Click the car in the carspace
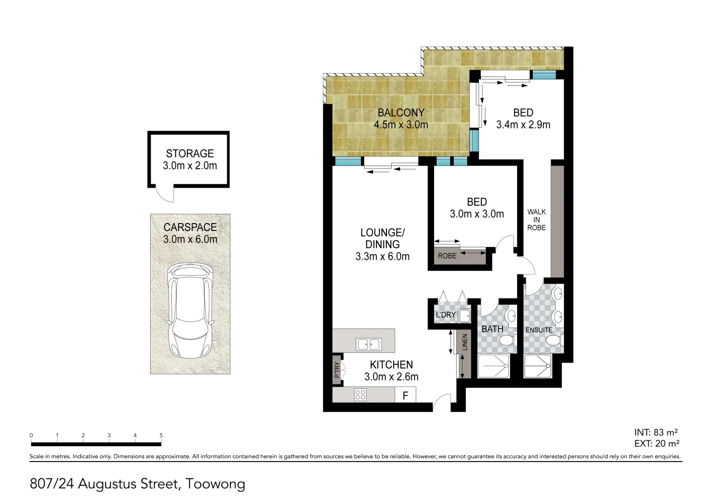(x=190, y=310)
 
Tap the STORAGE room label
(x=190, y=154)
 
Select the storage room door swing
(x=165, y=194)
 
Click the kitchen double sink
(x=368, y=344)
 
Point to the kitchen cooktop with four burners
(x=360, y=395)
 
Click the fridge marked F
(x=405, y=395)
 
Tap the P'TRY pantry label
(x=337, y=370)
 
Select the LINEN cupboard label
(x=465, y=343)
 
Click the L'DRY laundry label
(x=445, y=315)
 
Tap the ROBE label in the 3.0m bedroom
(x=447, y=256)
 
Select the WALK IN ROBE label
(x=536, y=220)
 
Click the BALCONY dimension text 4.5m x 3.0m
(x=401, y=125)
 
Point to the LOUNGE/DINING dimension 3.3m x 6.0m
(x=382, y=257)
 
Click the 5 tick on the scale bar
(x=161, y=435)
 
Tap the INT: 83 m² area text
(x=656, y=433)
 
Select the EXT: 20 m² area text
(x=656, y=444)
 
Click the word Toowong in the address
(x=215, y=484)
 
